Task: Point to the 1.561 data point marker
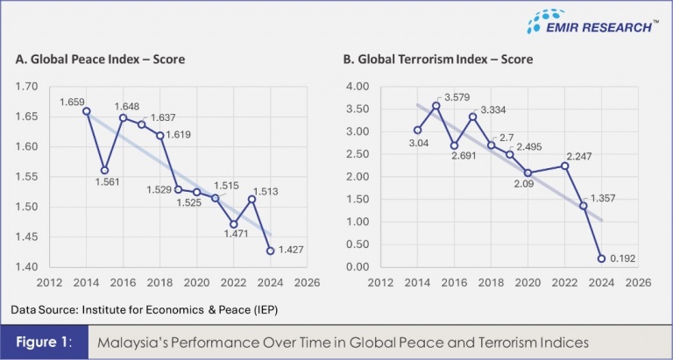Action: tap(105, 170)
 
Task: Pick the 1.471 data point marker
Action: tap(234, 224)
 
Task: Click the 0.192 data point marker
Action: tap(602, 258)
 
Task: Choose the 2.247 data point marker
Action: tap(565, 166)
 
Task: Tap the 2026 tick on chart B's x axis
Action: tap(637, 283)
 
